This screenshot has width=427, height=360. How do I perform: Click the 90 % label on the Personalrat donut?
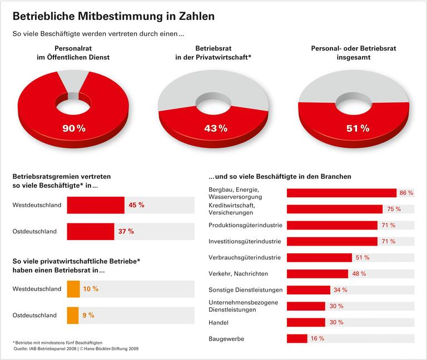(73, 128)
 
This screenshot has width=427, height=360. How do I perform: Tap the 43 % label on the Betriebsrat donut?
(215, 128)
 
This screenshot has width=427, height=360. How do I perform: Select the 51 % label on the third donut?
(358, 128)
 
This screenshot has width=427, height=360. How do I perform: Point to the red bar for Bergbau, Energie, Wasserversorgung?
(341, 193)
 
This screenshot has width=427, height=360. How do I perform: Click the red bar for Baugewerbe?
(297, 338)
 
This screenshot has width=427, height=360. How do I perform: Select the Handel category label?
(219, 322)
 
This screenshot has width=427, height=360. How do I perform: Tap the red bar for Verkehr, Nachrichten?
(317, 274)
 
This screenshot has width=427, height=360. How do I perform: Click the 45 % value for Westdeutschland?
(136, 205)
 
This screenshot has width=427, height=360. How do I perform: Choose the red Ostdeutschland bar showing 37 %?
(91, 231)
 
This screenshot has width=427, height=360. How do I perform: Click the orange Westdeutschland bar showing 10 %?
(73, 289)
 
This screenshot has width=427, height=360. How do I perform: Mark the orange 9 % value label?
(88, 315)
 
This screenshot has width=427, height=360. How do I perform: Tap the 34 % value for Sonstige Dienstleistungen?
(340, 290)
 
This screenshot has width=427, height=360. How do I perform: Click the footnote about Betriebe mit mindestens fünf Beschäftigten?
(58, 343)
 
